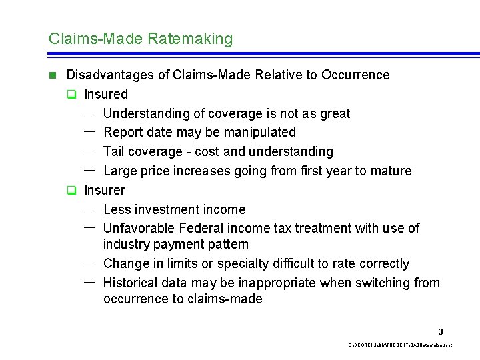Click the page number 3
tap(441, 331)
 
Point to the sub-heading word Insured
tap(105, 94)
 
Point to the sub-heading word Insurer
tap(104, 190)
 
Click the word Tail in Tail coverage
tap(115, 151)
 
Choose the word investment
tap(170, 209)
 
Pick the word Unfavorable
tap(137, 228)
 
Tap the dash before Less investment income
tap(89, 209)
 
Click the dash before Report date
tap(89, 131)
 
